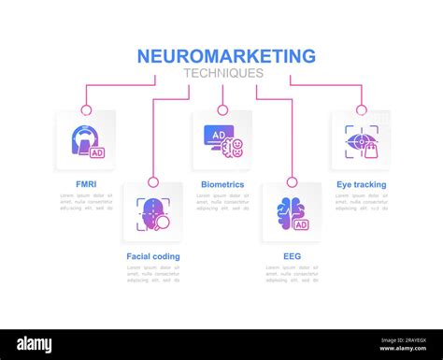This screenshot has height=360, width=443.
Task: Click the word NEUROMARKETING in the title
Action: point(226,56)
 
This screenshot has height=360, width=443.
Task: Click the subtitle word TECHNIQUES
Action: point(223,73)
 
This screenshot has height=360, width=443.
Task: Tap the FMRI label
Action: point(85,185)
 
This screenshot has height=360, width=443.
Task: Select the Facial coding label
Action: point(153,256)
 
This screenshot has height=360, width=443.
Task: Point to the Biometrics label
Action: point(222,185)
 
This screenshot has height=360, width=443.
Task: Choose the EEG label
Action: point(292,256)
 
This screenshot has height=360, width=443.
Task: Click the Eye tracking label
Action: point(361,185)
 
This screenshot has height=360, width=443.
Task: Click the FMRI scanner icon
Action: point(86,140)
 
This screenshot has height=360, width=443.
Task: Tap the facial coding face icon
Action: point(153,212)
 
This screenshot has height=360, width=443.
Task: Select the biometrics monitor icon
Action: point(222,140)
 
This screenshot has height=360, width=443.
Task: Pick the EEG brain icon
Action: point(292,212)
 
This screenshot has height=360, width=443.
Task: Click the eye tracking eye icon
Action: point(361,140)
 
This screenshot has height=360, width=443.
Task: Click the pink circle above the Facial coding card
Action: point(153,182)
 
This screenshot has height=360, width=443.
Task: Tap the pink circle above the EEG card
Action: point(292,182)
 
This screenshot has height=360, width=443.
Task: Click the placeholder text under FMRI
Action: point(85,202)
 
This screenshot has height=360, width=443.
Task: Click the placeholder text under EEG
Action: point(292,273)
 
